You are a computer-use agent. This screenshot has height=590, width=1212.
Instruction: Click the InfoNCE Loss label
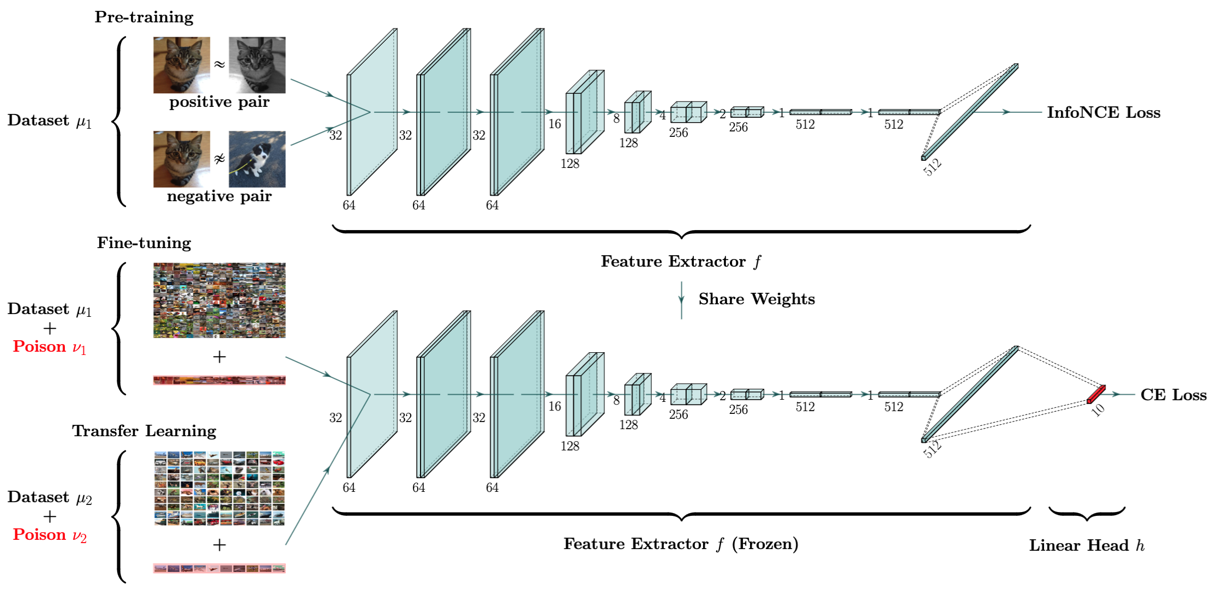click(x=1103, y=112)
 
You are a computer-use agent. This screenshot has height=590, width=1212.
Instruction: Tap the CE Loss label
click(x=1173, y=395)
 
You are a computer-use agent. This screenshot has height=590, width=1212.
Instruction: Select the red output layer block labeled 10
click(x=1096, y=394)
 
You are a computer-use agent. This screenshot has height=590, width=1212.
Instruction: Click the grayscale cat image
click(x=257, y=65)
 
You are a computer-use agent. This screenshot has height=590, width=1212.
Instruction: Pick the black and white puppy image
click(x=257, y=159)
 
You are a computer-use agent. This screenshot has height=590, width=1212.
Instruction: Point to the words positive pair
click(x=219, y=102)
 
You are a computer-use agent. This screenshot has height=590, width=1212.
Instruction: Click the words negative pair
click(x=219, y=196)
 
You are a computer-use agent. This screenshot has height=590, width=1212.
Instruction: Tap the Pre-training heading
click(x=144, y=17)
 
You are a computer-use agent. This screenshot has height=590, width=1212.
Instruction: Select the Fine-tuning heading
click(x=144, y=243)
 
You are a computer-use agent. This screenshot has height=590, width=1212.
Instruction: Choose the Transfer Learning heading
click(x=144, y=431)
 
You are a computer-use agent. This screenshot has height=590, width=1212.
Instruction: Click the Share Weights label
click(x=757, y=299)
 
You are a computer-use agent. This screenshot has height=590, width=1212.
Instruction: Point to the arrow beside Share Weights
click(x=681, y=299)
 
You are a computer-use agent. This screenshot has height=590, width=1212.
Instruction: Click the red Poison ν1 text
click(x=50, y=347)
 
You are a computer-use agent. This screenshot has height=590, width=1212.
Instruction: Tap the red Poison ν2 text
click(x=50, y=535)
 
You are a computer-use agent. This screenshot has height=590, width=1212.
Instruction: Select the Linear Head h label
click(x=1087, y=545)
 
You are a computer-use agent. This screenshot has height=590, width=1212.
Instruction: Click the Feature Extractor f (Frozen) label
click(x=681, y=544)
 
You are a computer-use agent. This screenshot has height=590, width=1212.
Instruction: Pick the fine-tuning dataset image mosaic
click(x=219, y=300)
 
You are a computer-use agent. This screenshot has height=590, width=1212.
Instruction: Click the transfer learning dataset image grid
click(x=219, y=489)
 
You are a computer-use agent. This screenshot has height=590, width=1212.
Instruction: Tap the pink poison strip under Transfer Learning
click(x=219, y=568)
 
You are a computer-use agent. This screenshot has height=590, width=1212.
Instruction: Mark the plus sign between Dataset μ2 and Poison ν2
click(x=50, y=516)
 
